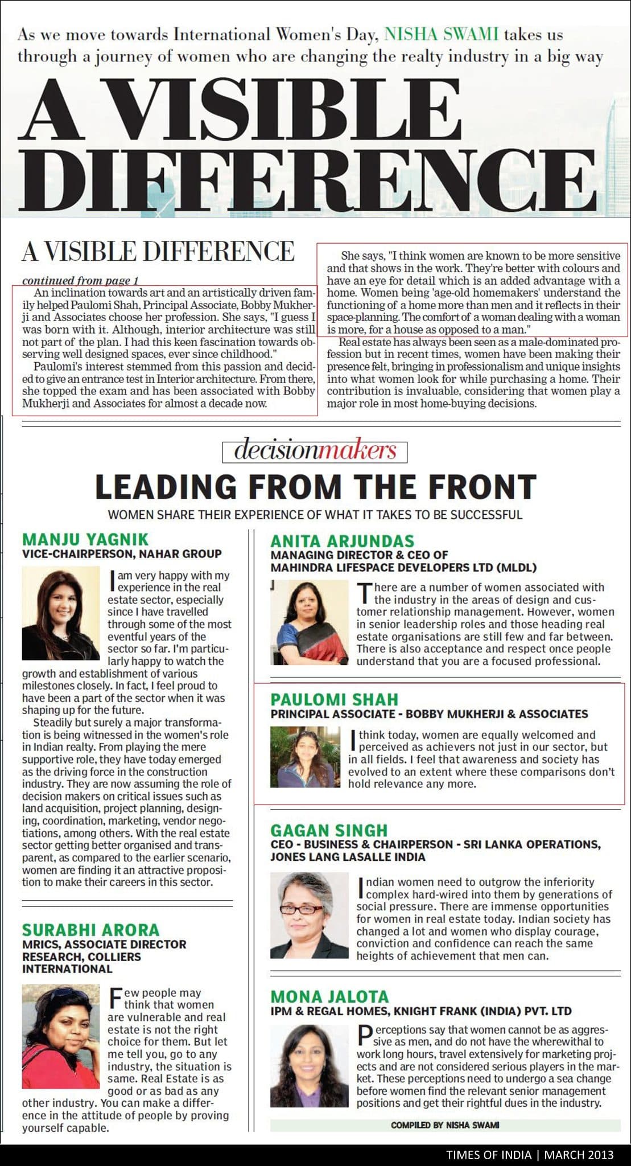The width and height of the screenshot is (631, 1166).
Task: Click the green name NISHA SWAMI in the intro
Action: [x=441, y=35]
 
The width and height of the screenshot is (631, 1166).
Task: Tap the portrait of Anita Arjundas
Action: [x=309, y=623]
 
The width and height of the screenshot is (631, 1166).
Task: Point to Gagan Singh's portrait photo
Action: [x=309, y=915]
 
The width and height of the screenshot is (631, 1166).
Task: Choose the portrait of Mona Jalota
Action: [x=309, y=1066]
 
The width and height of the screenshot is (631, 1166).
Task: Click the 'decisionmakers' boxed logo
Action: [x=315, y=451]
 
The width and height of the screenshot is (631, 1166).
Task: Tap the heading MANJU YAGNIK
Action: [x=85, y=539]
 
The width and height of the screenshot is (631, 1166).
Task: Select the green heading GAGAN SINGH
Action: [x=329, y=830]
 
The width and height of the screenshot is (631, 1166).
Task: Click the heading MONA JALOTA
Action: [x=329, y=996]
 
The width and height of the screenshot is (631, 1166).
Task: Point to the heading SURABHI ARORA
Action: [x=91, y=930]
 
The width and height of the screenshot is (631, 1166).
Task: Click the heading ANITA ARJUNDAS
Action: [x=343, y=540]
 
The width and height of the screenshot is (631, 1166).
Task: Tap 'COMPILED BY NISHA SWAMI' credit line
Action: [x=445, y=1125]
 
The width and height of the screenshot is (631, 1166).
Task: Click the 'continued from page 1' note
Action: [x=80, y=280]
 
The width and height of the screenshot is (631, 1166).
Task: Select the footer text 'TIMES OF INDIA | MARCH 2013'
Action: [x=530, y=1155]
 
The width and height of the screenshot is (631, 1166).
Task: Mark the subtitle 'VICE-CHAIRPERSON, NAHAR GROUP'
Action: [x=122, y=553]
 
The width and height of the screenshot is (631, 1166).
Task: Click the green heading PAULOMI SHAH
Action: [x=335, y=699]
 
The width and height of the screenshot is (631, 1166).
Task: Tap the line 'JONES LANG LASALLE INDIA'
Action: [x=348, y=856]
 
